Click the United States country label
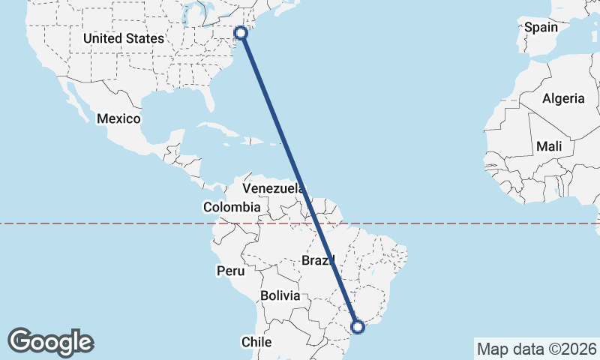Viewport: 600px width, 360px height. pos(124,38)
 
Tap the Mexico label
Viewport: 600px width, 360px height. pos(118,118)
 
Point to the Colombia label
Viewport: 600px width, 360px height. pos(232,207)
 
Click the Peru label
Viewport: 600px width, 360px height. pos(230,270)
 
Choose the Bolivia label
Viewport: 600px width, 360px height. pos(280,295)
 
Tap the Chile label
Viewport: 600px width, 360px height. pos(256,341)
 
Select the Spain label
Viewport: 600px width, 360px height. pos(541,28)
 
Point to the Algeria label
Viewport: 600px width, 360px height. pos(563,98)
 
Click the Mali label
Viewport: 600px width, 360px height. pos(549,147)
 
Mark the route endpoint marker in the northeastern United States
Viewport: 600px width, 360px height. pos(241,32)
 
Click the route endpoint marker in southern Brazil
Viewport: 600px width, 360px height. pos(358,326)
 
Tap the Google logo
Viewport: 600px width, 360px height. pos(51,342)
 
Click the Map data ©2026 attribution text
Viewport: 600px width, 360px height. pos(536,349)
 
